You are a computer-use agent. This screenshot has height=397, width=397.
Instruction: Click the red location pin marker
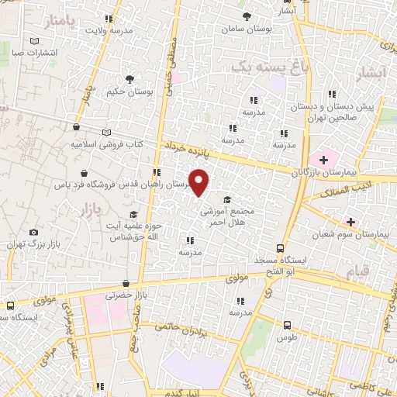click(x=199, y=182)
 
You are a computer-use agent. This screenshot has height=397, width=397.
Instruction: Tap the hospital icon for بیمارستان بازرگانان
click(x=323, y=159)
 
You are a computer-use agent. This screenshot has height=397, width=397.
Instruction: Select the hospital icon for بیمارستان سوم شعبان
click(x=352, y=221)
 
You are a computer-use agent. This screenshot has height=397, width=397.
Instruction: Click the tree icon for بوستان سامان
click(x=247, y=16)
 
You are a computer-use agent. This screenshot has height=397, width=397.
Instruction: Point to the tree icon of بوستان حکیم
click(x=130, y=78)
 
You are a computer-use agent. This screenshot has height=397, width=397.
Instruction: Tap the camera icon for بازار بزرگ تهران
click(x=33, y=232)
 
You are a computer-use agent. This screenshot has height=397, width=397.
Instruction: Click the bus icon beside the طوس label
click(x=288, y=326)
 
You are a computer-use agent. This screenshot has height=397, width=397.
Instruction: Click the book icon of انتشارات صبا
click(x=33, y=42)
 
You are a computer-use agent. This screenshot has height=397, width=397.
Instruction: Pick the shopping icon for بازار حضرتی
click(x=126, y=285)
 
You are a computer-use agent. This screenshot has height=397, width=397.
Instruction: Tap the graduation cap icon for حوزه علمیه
click(x=133, y=215)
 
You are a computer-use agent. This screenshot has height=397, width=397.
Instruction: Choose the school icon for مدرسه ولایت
click(x=109, y=19)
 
